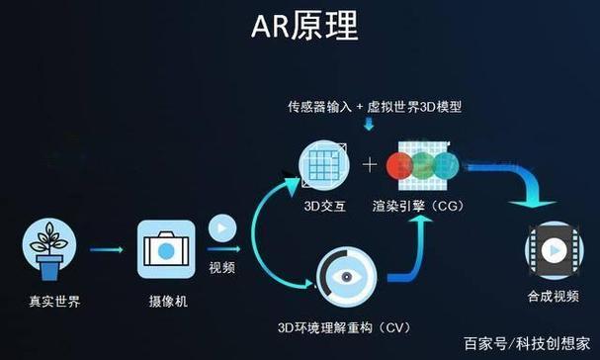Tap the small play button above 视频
(221, 231)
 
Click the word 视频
(221, 267)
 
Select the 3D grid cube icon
(323, 163)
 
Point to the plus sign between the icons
(371, 164)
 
